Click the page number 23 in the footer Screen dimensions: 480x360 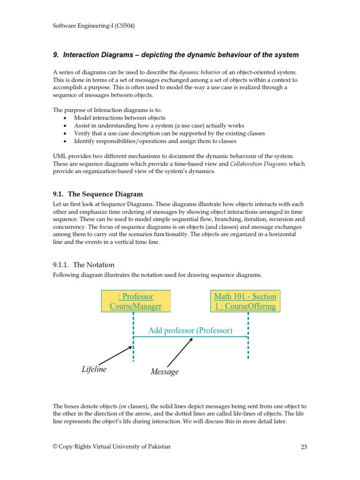tap(303, 447)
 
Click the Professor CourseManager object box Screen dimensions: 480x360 tap(135, 301)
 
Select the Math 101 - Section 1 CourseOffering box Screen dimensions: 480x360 tap(245, 301)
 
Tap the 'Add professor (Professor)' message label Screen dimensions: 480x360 tap(190, 330)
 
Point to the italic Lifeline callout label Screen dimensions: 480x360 tap(94, 369)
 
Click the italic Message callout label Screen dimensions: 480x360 tap(165, 372)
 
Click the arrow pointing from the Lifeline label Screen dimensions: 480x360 tap(116, 355)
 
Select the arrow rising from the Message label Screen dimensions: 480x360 tap(180, 352)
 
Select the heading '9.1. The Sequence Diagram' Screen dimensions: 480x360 tap(98, 194)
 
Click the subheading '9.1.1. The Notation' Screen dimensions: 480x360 tap(83, 265)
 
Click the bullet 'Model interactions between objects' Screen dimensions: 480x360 tap(120, 118)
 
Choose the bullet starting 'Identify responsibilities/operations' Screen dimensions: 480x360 tap(155, 141)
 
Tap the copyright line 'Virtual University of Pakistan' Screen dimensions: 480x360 tap(112, 447)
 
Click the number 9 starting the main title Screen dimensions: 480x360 tap(55, 55)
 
